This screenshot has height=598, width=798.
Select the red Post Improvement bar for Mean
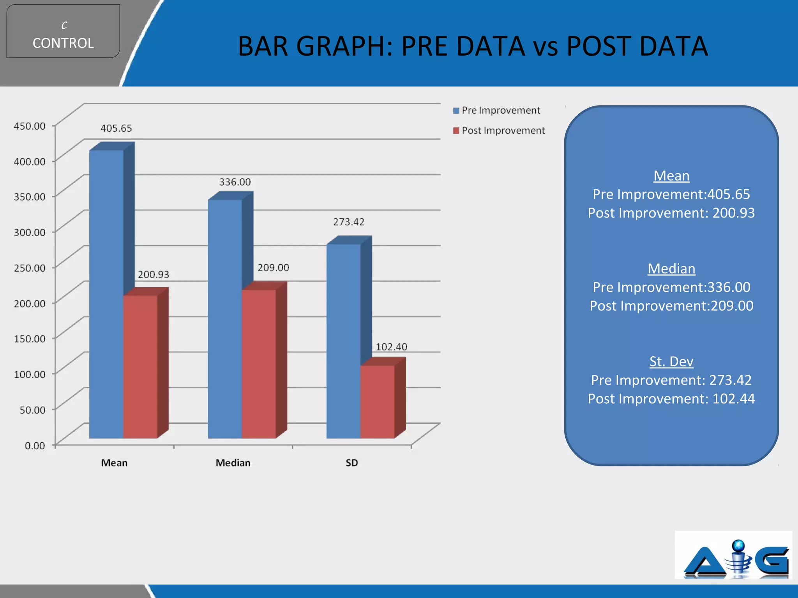coord(140,366)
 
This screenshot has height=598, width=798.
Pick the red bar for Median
coord(259,364)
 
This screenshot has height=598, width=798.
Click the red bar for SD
coord(377,401)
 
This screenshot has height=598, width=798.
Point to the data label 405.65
coord(116,128)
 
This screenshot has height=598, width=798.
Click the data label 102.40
coord(391,347)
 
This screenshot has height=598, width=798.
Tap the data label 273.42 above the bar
coord(349,222)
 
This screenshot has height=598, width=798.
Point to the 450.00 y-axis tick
coord(30,126)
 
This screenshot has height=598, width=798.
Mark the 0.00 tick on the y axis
coord(35,445)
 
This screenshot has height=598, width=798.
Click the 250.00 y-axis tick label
coord(30,268)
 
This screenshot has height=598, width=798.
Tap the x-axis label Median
coord(233,463)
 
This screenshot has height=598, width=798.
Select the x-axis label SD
coord(351,463)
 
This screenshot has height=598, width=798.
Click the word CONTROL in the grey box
coord(63,43)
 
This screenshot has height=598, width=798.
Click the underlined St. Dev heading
coord(671,362)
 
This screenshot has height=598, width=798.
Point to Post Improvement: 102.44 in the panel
coord(671,399)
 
